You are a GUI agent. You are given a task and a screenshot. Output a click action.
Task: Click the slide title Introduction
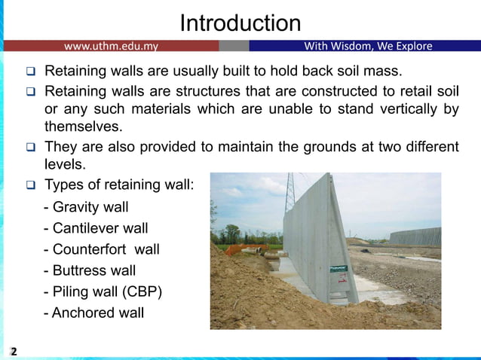(240, 23)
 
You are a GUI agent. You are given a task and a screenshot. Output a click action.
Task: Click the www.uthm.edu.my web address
(111, 46)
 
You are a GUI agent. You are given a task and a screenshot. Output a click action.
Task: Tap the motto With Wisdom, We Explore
(368, 46)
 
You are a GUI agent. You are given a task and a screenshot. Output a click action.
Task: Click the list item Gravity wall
(86, 207)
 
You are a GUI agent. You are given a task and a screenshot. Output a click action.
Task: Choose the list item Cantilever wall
(96, 228)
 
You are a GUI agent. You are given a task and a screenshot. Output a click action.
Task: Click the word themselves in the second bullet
(83, 126)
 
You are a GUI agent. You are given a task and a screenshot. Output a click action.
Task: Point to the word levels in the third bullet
(66, 163)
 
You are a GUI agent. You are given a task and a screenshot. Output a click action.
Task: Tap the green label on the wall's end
(342, 267)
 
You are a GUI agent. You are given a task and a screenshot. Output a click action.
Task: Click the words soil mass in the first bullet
(372, 72)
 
